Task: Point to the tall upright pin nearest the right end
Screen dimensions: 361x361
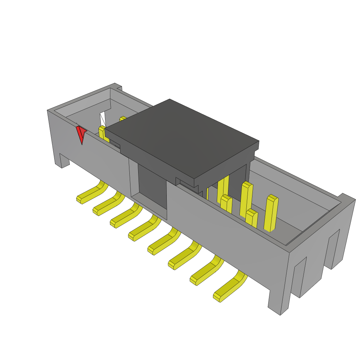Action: pos(271,213)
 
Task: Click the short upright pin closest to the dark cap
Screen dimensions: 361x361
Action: pos(226,204)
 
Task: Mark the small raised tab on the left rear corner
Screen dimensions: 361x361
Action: pos(119,87)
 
